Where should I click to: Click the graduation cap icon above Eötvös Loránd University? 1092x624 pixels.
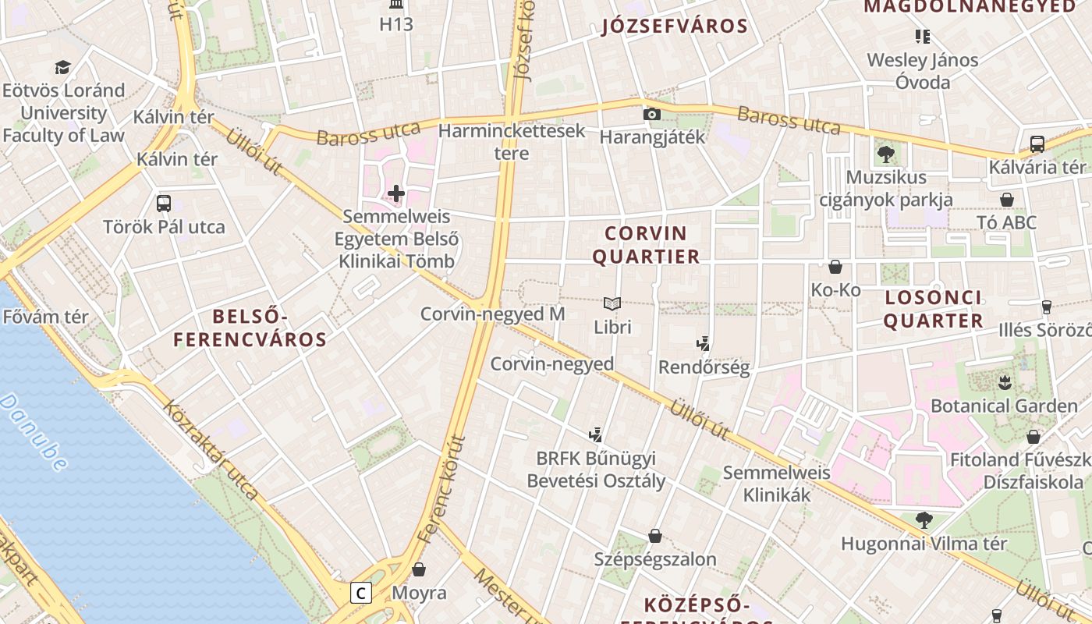point(62,68)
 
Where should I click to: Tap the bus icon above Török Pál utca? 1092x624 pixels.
point(164,204)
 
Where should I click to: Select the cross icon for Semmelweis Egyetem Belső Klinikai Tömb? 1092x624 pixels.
point(396,193)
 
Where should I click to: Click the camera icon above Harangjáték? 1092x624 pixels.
point(652,115)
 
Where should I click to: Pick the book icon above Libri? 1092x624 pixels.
point(612,303)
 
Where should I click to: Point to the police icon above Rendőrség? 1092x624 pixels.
point(704,343)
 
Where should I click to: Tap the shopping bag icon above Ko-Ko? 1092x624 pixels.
point(835,267)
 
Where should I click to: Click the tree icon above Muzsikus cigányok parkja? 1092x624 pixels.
point(885,154)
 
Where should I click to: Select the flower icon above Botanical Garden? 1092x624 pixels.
point(1004,382)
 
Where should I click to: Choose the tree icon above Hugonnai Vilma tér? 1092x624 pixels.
point(924,519)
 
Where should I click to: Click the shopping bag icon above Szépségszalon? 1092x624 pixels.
point(655,536)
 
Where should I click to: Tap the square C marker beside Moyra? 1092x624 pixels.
point(360,593)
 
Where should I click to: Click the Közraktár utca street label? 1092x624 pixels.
point(211,451)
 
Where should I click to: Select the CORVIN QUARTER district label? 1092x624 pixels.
point(646,245)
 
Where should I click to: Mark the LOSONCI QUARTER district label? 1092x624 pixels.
point(933,309)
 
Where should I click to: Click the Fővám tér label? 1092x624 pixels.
point(46,317)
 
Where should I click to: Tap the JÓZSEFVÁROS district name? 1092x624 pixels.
point(675,26)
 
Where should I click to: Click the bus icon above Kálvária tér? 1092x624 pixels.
point(1037,144)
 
